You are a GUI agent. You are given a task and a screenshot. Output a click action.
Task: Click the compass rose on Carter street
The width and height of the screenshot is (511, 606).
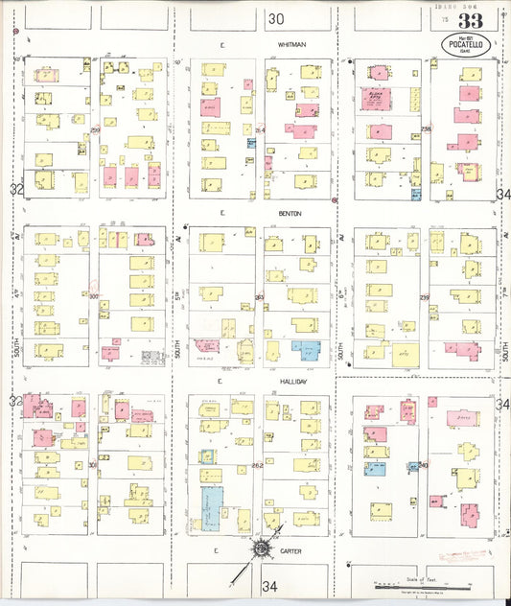point(260,549)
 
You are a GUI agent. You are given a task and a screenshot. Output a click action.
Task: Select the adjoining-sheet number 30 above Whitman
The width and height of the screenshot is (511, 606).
point(277,18)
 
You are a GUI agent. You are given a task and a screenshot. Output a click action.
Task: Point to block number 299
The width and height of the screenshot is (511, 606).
point(95,129)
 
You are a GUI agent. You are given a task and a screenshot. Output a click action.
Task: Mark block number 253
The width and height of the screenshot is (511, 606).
point(259,297)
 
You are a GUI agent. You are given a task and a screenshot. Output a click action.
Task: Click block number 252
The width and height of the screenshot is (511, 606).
point(257,466)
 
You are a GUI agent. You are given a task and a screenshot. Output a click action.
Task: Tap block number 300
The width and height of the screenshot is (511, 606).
point(94,297)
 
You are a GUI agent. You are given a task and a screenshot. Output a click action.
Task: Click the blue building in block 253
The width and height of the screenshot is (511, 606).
point(306,350)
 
